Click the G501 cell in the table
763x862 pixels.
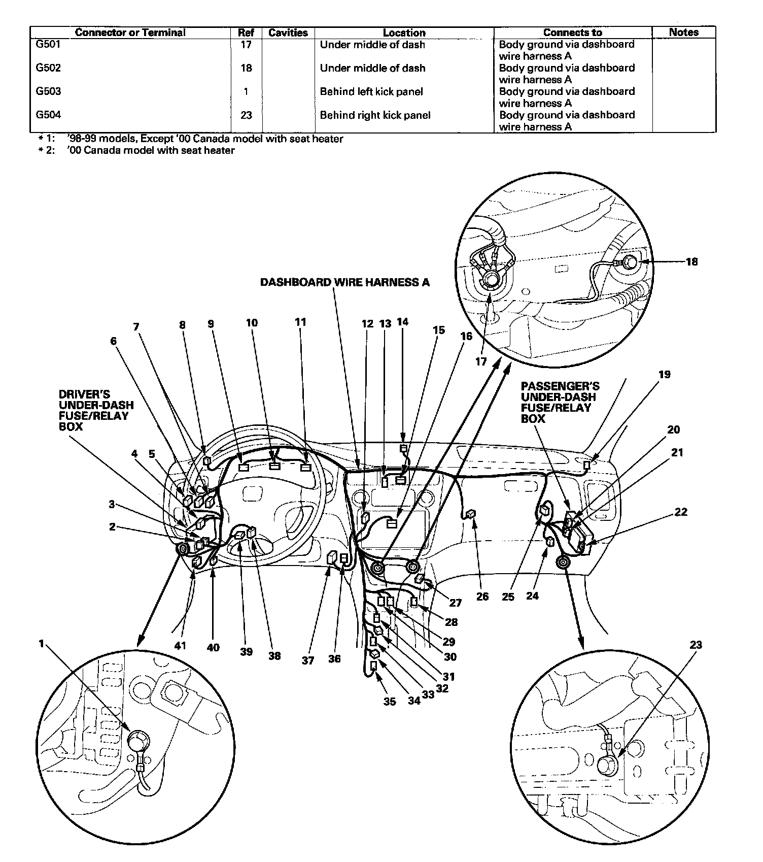coord(48,45)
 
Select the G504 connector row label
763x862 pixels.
coord(48,115)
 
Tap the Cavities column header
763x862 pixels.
coord(288,32)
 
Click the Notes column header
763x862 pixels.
coord(683,32)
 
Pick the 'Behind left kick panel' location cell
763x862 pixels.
coord(371,92)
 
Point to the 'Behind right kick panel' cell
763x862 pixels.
coord(375,115)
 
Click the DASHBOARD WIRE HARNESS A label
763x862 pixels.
coord(344,282)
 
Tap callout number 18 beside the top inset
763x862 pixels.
coord(691,262)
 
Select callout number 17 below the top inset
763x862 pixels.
coord(480,361)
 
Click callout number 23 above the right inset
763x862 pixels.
coord(696,645)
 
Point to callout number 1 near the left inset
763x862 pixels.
coord(42,644)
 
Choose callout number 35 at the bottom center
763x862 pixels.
coord(389,702)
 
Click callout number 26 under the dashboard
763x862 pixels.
coord(482,596)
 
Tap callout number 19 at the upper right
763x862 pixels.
coord(664,375)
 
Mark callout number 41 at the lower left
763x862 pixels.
coord(181,646)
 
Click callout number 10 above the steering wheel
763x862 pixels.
coord(252,323)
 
